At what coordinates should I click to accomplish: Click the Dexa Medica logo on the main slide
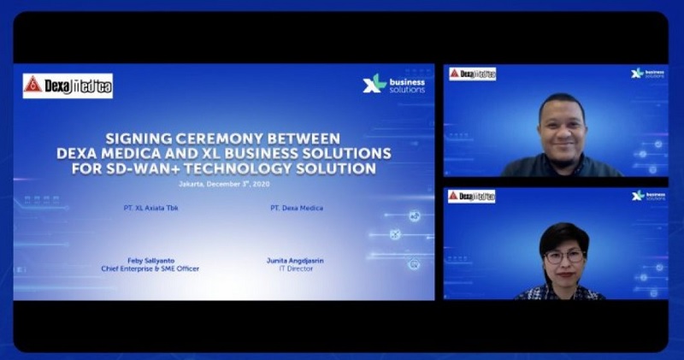(68, 86)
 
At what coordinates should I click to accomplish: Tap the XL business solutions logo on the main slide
(394, 85)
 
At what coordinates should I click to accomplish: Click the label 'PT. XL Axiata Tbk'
(150, 208)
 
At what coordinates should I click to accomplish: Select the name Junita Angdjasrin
(296, 261)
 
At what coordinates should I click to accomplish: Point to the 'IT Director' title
(296, 269)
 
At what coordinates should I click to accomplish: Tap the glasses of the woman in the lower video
(563, 256)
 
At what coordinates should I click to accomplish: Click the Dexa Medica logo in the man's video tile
(472, 74)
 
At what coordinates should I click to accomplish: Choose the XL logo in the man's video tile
(648, 74)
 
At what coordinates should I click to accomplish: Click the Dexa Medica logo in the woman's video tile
(472, 196)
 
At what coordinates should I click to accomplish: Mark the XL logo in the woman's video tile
(648, 196)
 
